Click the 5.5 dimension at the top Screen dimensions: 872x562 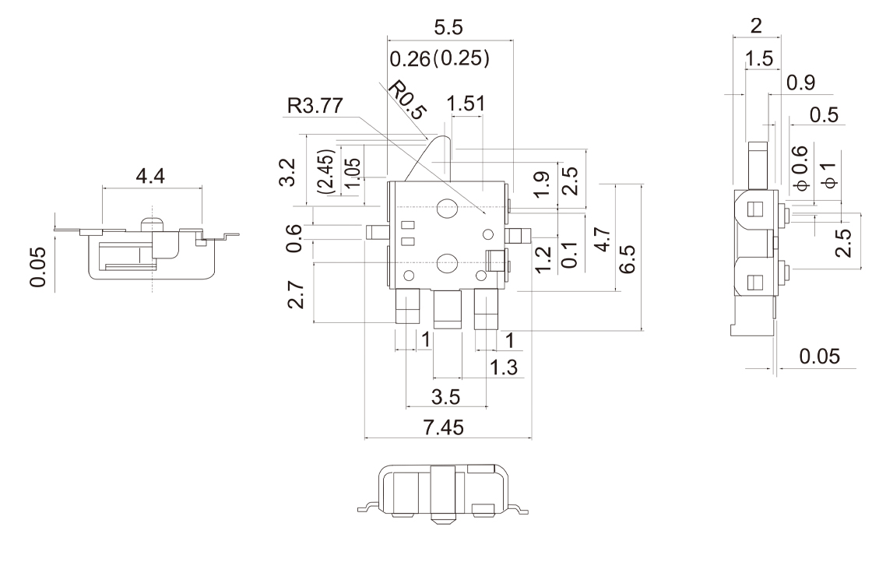click(448, 27)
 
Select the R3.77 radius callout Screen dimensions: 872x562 click(315, 106)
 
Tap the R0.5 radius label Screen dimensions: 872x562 click(407, 100)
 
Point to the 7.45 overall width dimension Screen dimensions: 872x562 click(443, 427)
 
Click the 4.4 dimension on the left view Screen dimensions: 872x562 click(150, 176)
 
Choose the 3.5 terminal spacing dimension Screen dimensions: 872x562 click(445, 397)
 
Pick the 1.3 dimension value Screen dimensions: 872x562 click(503, 367)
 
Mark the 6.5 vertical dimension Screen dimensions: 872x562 click(627, 259)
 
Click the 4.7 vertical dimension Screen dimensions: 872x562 click(603, 240)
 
